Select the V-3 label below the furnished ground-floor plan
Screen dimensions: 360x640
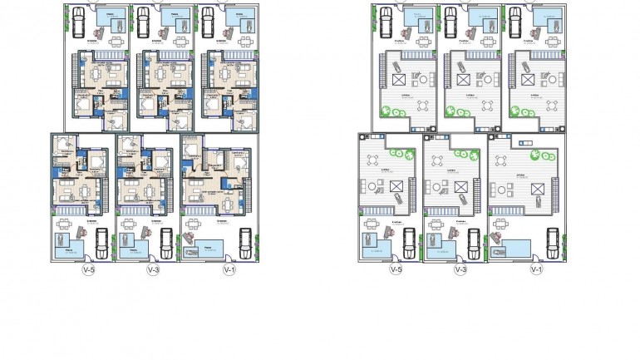(x=152, y=270)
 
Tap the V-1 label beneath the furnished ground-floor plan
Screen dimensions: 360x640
(x=229, y=270)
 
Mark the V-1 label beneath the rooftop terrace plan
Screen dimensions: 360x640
(x=536, y=270)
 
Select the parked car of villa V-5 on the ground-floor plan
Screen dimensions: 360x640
(x=101, y=242)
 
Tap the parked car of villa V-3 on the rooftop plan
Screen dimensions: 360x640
(x=474, y=242)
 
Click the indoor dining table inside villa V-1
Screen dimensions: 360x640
(x=202, y=193)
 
